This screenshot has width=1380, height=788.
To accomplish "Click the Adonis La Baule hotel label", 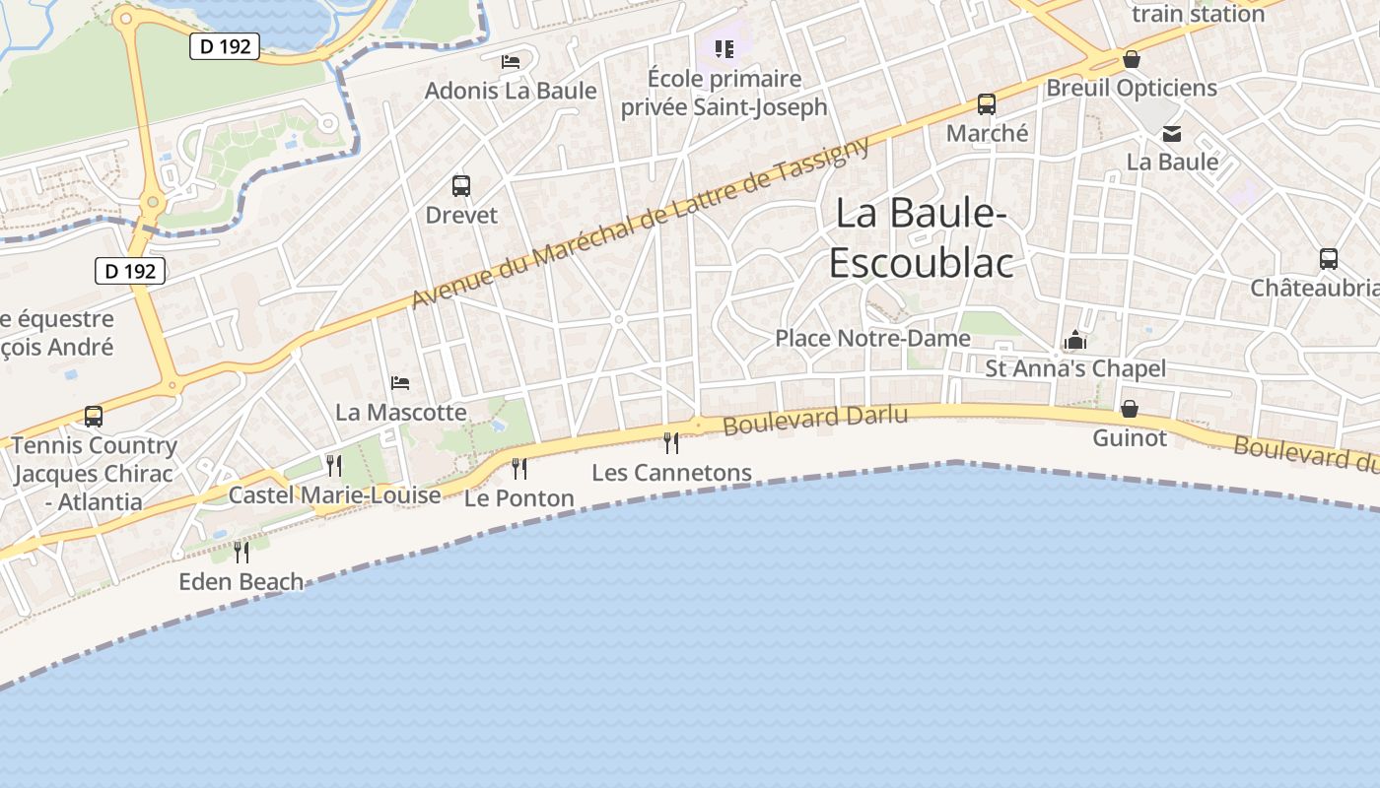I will [511, 91].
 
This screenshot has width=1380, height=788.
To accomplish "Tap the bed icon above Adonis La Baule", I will [511, 61].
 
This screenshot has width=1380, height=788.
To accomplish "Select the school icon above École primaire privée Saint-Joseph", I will [724, 48].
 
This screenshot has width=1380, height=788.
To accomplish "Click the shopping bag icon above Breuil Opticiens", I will [1132, 59].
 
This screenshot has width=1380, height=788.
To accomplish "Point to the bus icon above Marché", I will [986, 103].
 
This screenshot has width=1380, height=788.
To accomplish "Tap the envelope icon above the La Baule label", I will [1172, 133].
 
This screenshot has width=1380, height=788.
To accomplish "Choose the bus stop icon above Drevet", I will [460, 185].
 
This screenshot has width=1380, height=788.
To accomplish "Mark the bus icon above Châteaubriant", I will [1329, 259].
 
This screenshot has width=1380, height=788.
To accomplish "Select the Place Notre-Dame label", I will [872, 338].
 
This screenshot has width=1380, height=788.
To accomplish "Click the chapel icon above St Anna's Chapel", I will [1075, 341].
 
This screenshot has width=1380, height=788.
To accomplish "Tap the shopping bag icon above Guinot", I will [1130, 408].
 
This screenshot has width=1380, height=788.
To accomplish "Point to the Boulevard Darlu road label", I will [815, 421].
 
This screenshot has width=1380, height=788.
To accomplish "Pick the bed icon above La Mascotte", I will [400, 382].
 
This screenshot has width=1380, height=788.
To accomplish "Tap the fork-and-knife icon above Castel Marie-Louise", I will [334, 465].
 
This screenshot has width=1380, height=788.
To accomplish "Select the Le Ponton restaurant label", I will [518, 498].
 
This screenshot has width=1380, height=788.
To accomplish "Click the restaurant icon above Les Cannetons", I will [671, 442].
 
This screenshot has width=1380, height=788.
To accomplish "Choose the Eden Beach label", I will [241, 582].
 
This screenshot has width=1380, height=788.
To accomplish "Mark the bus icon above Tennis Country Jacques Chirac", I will [94, 417].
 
